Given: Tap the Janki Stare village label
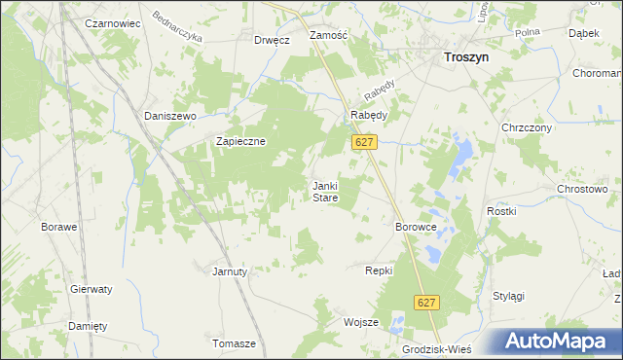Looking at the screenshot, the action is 324,192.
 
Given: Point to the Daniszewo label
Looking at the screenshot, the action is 170,116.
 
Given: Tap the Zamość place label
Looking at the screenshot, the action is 328,35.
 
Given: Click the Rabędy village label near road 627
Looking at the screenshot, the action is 369,115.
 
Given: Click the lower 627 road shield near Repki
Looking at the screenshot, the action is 426,304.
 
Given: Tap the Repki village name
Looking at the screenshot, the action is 378,270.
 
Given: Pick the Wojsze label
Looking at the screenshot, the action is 360,322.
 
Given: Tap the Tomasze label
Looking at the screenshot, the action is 234,344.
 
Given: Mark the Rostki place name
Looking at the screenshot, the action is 499,211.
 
